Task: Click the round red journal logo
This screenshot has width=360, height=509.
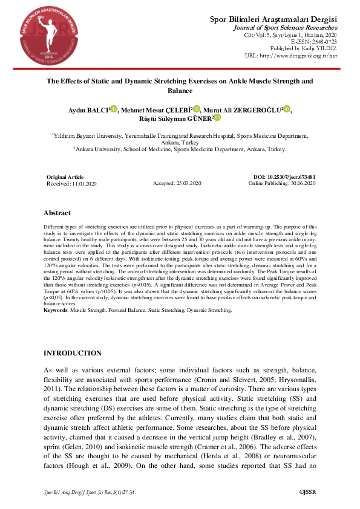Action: click(41, 38)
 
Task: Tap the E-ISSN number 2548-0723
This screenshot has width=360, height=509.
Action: click(322, 41)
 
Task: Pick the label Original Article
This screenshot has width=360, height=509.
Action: click(65, 177)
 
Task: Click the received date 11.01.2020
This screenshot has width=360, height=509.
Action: click(83, 183)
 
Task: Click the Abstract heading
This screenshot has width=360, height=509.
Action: click(57, 213)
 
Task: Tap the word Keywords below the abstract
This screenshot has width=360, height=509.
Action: click(56, 310)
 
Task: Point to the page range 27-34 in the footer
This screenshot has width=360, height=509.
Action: click(126, 493)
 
